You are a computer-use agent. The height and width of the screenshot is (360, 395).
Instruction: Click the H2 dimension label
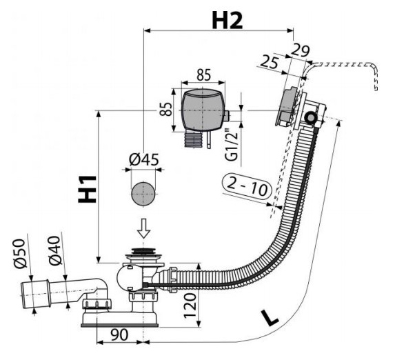pos(227,21)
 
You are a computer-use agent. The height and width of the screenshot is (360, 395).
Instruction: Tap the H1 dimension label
pos(87,189)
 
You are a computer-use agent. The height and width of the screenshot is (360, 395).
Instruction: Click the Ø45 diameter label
pos(144,160)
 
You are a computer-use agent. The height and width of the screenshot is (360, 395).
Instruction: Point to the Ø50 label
pos(19,253)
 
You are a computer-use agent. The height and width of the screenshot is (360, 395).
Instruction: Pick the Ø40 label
pos(54,250)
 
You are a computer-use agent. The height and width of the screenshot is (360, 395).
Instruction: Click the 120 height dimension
pos(190,306)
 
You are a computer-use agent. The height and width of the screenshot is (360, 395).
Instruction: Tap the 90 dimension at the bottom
pos(119,334)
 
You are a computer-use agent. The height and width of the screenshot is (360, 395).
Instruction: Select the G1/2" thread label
pos(231,146)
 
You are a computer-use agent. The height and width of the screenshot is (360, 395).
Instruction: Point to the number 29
pos(300,50)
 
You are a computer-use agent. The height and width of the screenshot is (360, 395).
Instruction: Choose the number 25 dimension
pos(270,63)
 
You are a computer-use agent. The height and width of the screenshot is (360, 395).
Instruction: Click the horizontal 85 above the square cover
pos(203,75)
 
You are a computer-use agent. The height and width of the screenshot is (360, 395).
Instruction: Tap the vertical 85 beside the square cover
pos(166,109)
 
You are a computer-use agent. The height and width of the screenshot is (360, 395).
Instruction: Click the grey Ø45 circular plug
pos(143,194)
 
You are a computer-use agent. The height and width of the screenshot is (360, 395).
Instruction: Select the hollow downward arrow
pos(144,228)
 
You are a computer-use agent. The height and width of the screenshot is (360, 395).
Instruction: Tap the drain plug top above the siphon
pos(143,251)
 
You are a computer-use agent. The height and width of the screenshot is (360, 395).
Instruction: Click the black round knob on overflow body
pos(310,117)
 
